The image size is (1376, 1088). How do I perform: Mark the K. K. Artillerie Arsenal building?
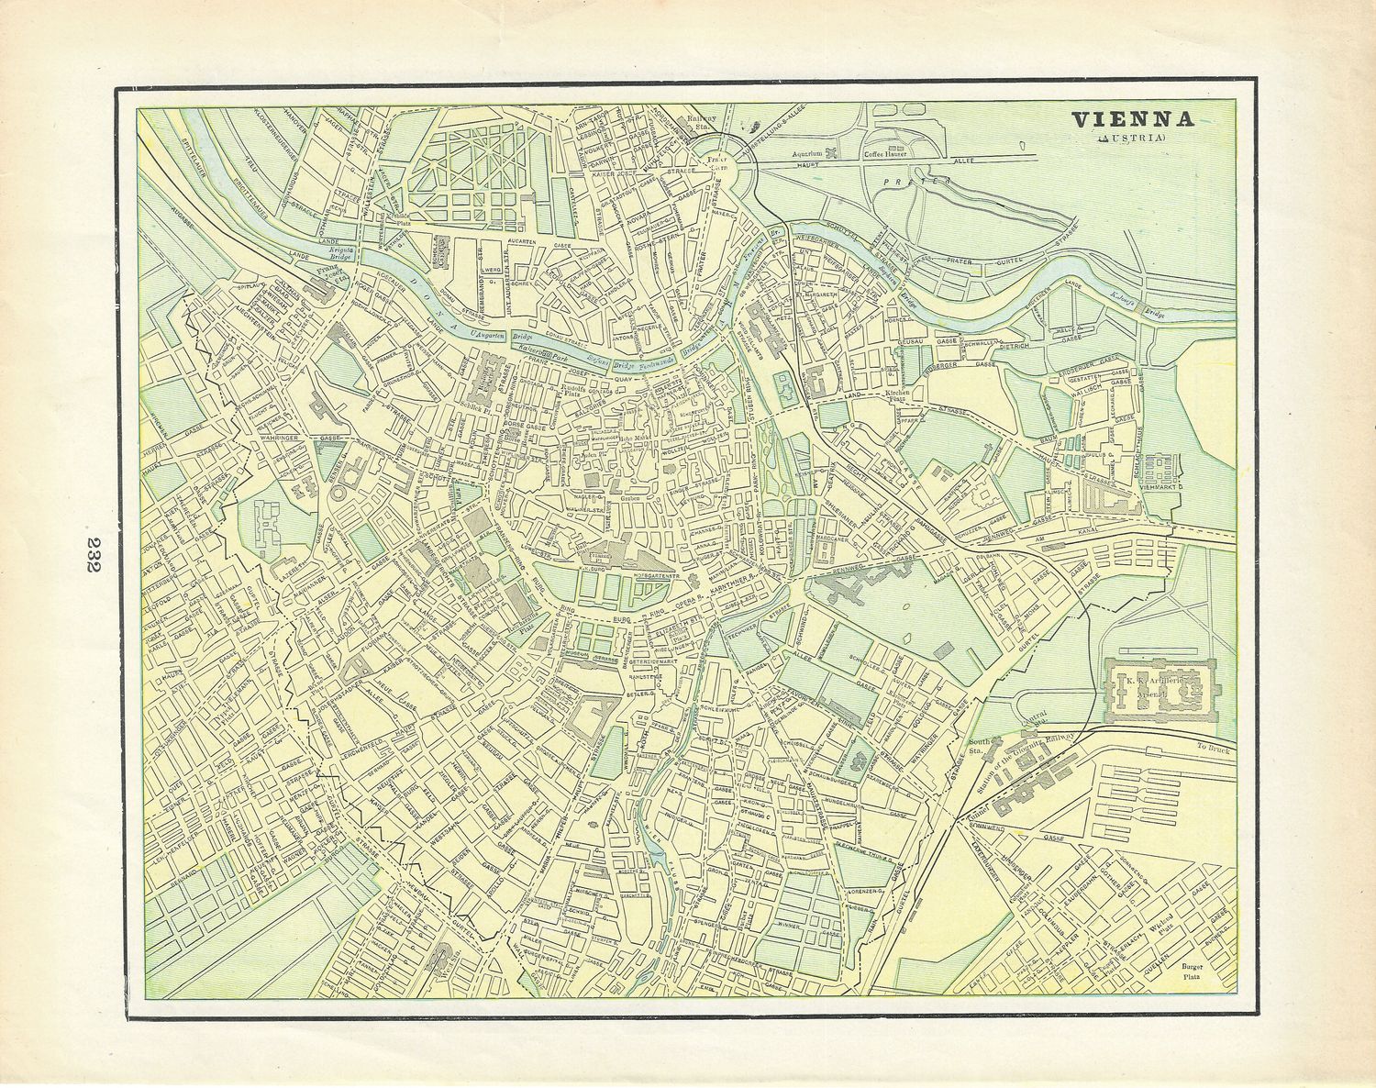pyautogui.click(x=1160, y=688)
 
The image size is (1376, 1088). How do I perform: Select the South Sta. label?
pyautogui.click(x=976, y=747)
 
